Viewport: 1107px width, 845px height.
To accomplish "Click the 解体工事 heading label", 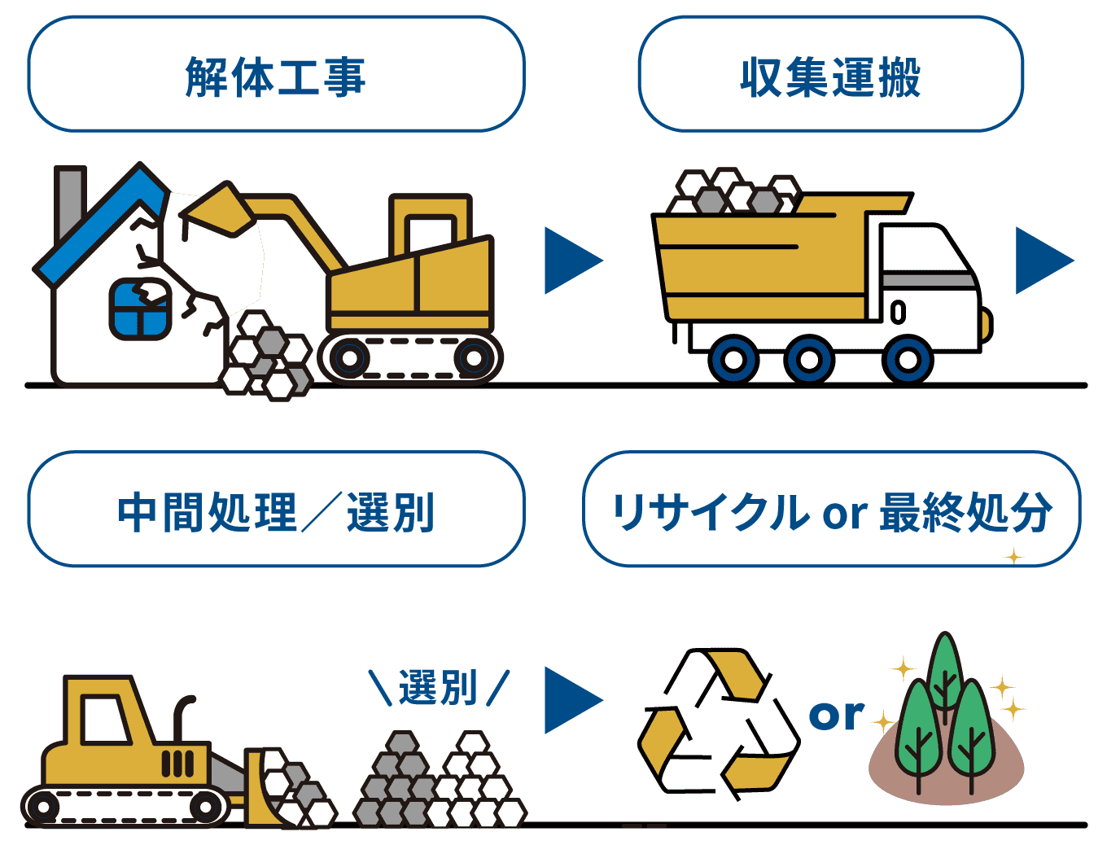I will (x=275, y=77).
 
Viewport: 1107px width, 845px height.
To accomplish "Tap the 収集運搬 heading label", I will (x=830, y=77).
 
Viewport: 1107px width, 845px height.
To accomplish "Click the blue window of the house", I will (x=140, y=309).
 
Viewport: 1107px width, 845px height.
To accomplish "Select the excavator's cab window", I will (x=431, y=232).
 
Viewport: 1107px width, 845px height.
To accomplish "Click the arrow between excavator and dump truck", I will (x=572, y=261).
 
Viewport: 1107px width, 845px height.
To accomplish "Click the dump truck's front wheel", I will (x=908, y=359).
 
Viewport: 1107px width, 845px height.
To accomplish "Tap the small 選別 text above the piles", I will (x=438, y=688).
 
